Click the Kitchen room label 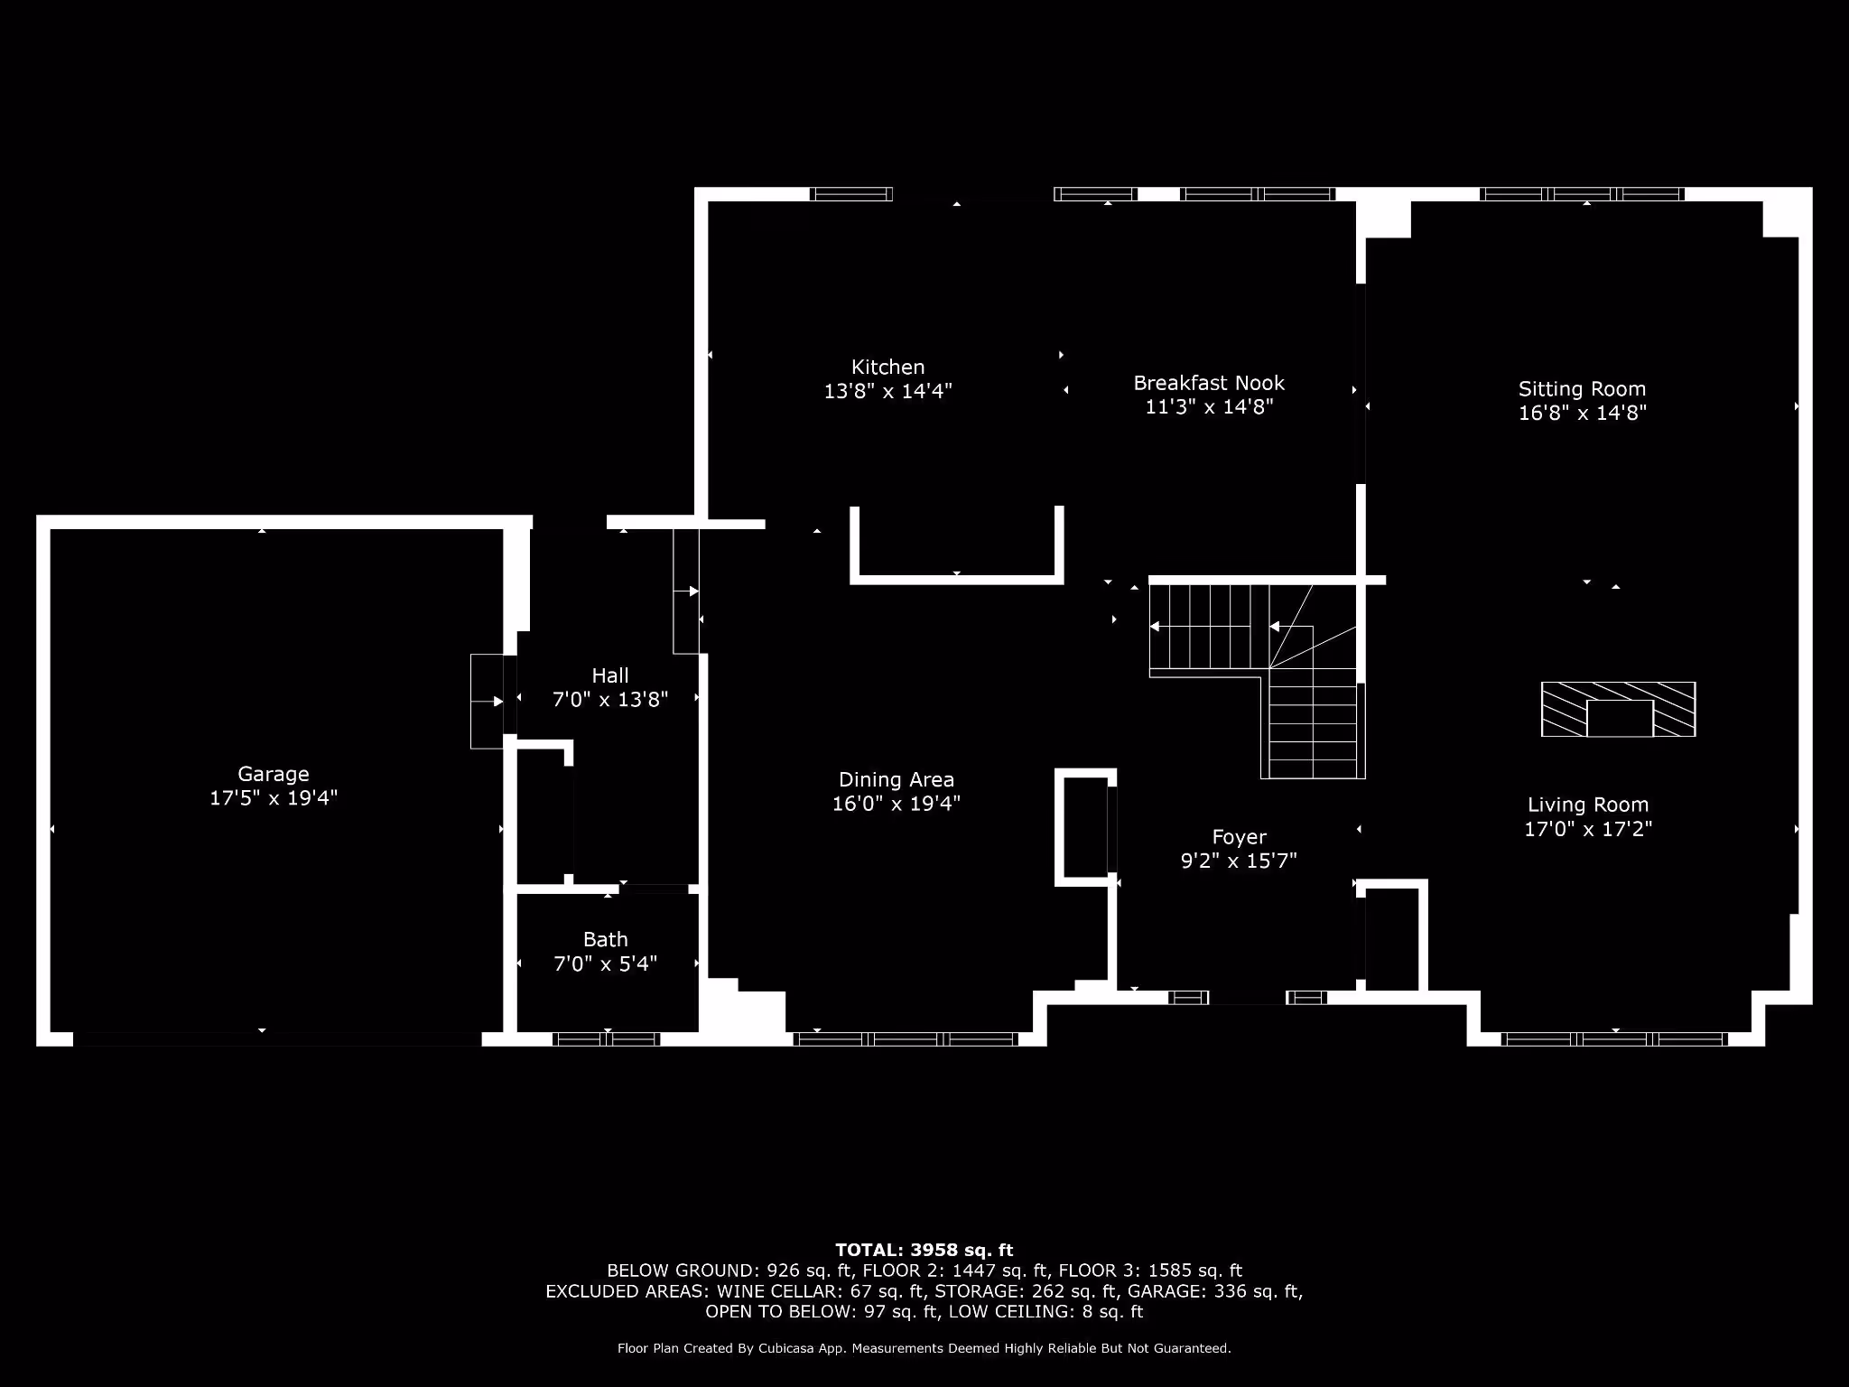[x=887, y=368]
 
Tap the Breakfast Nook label [x=1209, y=383]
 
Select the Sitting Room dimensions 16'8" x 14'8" [x=1582, y=414]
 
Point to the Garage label [x=273, y=774]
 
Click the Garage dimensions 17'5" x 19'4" [x=273, y=798]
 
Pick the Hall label [x=609, y=675]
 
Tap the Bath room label [x=605, y=940]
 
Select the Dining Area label [x=896, y=779]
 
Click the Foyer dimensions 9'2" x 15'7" [x=1239, y=861]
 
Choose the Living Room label [x=1587, y=805]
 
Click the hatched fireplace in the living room [x=1618, y=710]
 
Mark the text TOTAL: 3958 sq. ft [x=924, y=1250]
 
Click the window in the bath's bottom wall [x=606, y=1039]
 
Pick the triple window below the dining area [x=906, y=1039]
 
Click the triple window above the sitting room [x=1582, y=194]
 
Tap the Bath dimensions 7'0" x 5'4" [x=605, y=964]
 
